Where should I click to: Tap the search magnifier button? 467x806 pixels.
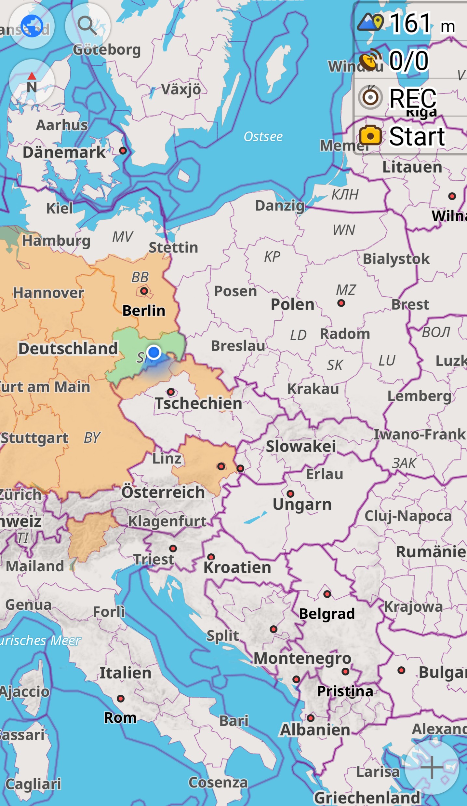(x=87, y=26)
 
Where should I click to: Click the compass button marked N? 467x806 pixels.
(x=32, y=82)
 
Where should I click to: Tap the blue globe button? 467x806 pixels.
(x=32, y=26)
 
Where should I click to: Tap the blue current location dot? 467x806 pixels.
(x=153, y=352)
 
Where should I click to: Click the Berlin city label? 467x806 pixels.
(x=144, y=311)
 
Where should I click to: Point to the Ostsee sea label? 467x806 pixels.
(x=263, y=137)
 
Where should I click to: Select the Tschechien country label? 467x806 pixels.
(x=198, y=403)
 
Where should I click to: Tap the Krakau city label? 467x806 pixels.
(x=313, y=389)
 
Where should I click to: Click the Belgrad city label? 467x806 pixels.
(x=327, y=614)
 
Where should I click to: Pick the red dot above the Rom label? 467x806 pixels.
(x=121, y=699)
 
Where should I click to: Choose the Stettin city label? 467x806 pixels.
(x=173, y=248)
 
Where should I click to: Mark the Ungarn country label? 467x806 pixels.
(x=302, y=505)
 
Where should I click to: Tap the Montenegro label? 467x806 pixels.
(x=302, y=659)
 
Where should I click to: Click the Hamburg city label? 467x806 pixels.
(x=56, y=241)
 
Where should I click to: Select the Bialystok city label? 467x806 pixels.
(x=396, y=259)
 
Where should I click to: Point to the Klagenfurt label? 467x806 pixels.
(x=167, y=521)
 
